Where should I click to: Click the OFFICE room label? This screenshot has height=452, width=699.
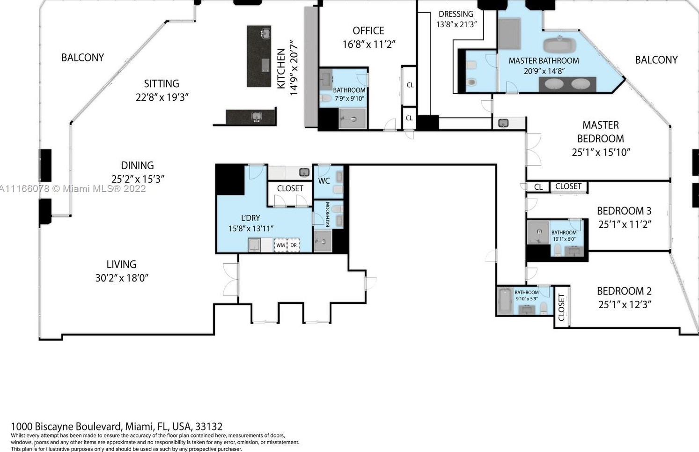tap(368, 31)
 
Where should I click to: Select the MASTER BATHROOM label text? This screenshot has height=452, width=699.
tap(544, 61)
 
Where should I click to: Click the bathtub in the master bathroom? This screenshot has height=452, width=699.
tap(559, 45)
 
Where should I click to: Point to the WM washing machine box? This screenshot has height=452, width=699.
tap(280, 245)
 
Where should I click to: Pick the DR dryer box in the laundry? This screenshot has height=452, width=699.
tap(294, 245)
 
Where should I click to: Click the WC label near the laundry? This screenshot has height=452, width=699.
tap(324, 181)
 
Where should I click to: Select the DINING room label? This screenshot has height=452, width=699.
tap(137, 165)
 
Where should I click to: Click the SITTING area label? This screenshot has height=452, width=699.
tap(162, 84)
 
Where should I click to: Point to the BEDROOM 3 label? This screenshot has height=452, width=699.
tap(624, 211)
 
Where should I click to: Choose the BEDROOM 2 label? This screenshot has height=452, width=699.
tap(624, 291)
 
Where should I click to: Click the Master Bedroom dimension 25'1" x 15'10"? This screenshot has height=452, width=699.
tap(601, 152)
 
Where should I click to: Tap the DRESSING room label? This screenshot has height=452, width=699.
tap(456, 14)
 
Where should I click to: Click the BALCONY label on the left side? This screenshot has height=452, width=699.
tap(82, 58)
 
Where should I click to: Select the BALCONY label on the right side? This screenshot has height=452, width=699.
tap(656, 60)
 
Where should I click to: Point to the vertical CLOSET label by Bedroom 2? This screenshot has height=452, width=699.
tap(561, 307)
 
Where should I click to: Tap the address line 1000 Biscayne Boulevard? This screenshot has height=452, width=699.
tap(117, 427)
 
